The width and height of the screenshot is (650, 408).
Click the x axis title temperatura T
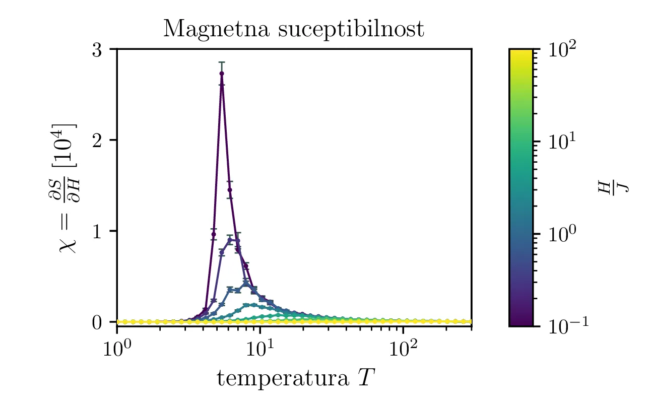295,378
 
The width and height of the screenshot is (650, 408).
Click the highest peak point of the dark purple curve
222,74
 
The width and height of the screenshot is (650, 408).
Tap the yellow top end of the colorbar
521,52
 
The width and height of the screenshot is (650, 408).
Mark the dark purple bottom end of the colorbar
521,323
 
